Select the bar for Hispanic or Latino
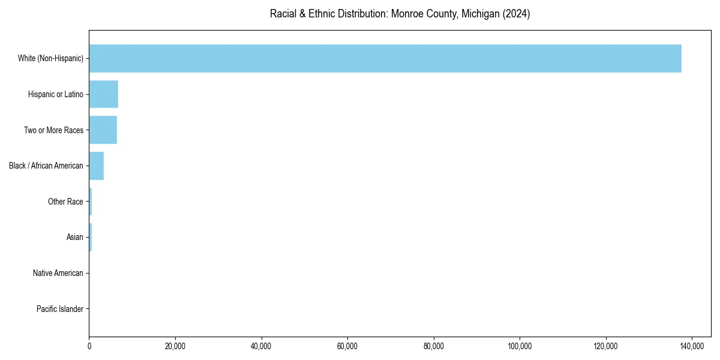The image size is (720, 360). tap(104, 94)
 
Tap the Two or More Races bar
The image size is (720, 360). tap(103, 130)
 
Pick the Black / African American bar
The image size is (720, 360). tap(97, 166)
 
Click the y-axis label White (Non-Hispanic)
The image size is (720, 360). tap(50, 58)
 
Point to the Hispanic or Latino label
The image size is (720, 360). tap(56, 94)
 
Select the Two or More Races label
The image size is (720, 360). tap(53, 130)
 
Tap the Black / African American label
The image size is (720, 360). tap(46, 166)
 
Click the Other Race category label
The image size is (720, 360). tap(65, 202)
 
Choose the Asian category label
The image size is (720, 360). tap(75, 238)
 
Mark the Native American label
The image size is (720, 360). tap(58, 273)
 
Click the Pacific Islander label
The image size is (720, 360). tap(60, 309)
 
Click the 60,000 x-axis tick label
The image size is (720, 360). tap(347, 346)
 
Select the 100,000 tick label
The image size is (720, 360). tap(520, 346)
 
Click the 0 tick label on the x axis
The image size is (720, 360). tap(89, 346)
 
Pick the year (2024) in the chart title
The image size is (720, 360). tap(517, 14)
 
